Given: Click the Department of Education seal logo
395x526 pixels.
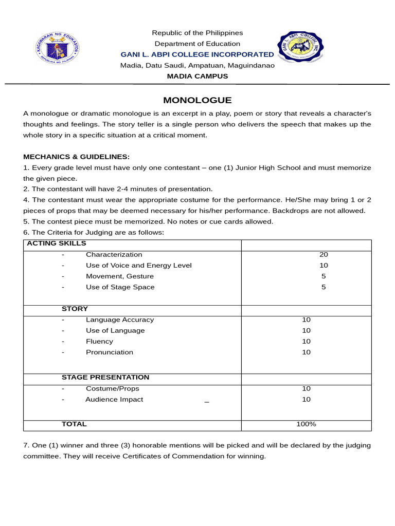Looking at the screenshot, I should [58, 49].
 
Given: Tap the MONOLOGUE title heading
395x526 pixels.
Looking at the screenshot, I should [197, 100].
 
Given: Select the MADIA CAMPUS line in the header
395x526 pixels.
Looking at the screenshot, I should [197, 76].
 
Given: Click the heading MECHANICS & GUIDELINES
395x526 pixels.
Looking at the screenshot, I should [77, 157].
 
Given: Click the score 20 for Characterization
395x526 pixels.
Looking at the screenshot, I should [324, 255].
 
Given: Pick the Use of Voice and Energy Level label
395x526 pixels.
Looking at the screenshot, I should [139, 266].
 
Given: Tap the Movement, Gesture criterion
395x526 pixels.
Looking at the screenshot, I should [120, 276].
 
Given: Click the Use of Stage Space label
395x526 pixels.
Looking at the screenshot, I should [120, 287].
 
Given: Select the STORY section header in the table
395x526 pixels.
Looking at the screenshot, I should [75, 309].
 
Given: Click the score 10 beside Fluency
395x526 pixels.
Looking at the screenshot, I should [307, 342].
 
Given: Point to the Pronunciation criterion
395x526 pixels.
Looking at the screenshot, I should [110, 352].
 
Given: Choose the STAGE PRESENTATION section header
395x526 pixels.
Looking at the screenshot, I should [105, 378].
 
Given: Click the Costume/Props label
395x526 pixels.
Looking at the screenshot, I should [113, 389].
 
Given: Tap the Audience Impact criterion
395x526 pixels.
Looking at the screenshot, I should [114, 400].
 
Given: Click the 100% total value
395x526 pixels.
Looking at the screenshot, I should [306, 424].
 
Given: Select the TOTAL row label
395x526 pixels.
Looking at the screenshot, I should [74, 424].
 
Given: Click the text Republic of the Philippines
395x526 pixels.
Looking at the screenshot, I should [197, 33].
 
